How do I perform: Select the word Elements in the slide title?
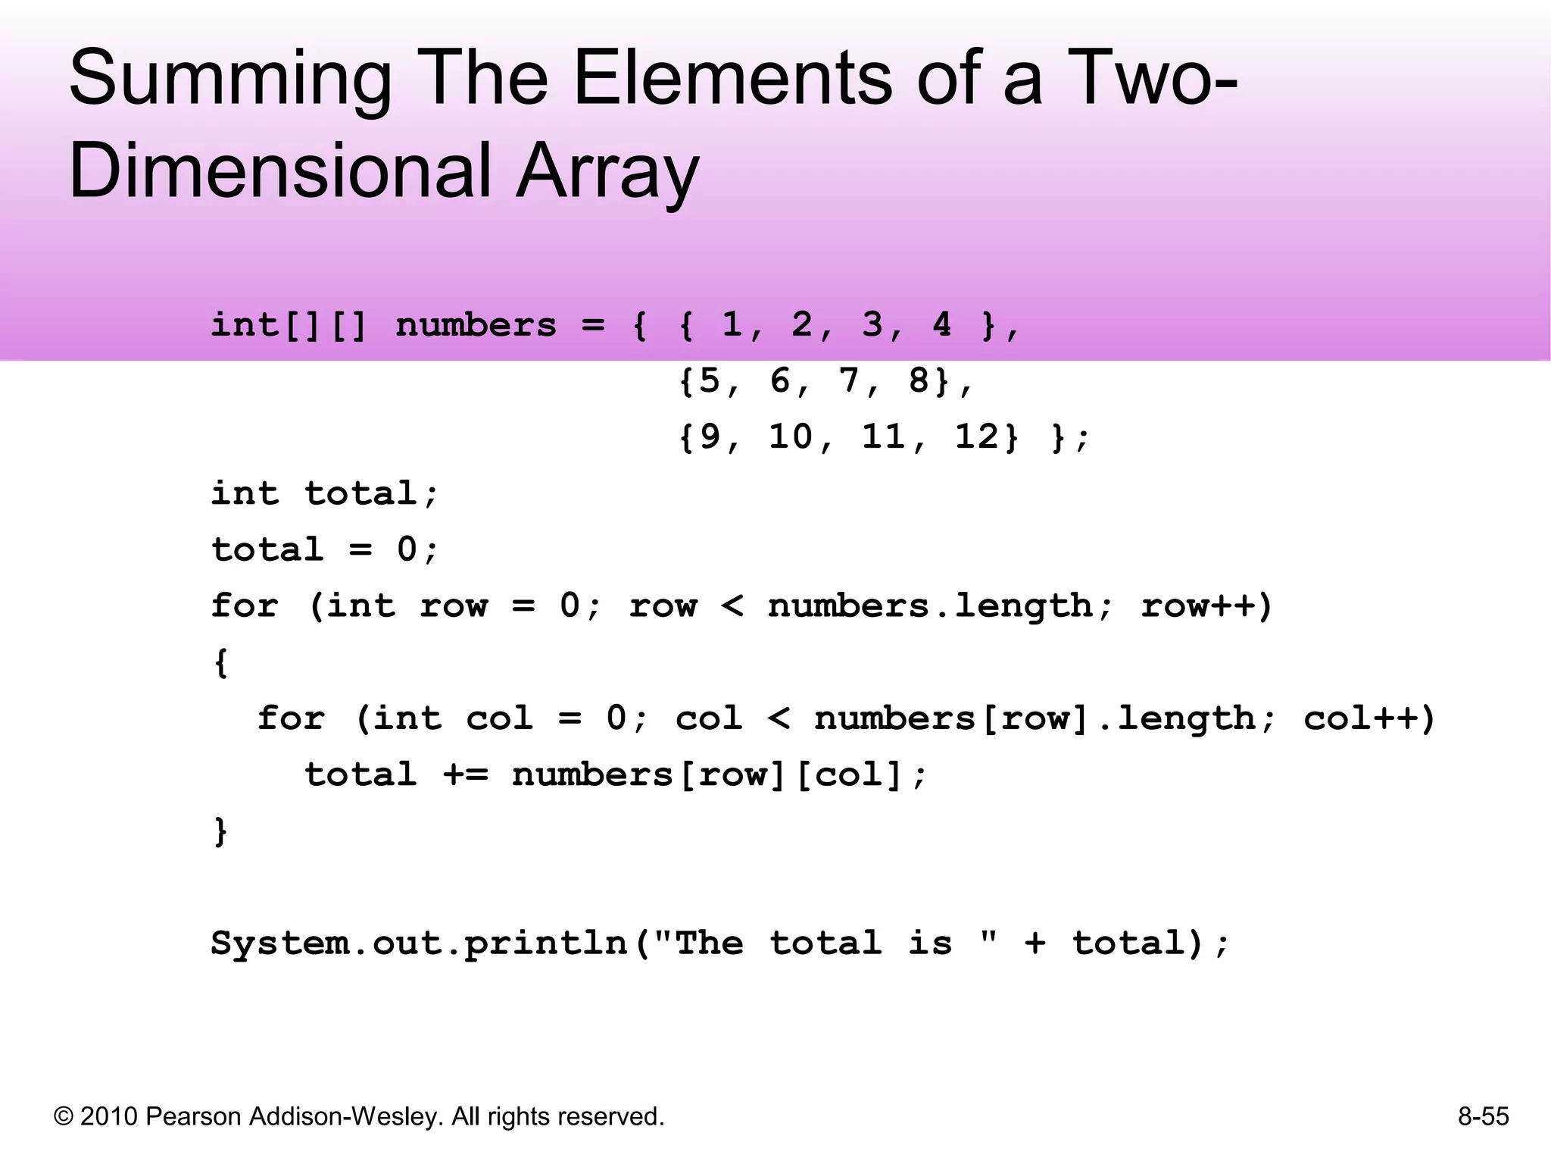click(733, 78)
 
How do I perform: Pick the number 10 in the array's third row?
click(790, 436)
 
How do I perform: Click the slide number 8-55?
click(1483, 1116)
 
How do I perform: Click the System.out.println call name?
click(419, 944)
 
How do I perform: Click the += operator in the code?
click(466, 774)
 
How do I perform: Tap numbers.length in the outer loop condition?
click(930, 606)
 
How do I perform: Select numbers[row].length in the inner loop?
click(1035, 718)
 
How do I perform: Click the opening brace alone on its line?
click(220, 662)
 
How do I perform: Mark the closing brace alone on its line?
click(220, 831)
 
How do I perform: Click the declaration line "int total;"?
click(324, 494)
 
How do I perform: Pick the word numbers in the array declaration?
click(476, 326)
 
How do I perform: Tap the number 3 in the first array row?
click(872, 325)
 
